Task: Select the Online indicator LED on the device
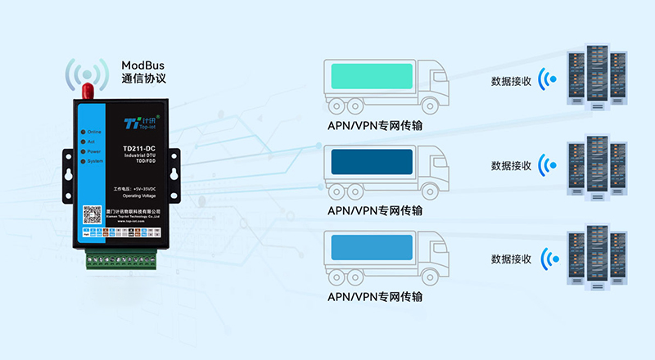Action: (x=83, y=132)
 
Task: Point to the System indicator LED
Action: (x=83, y=161)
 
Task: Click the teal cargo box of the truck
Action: (x=370, y=78)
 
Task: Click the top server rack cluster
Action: (x=599, y=75)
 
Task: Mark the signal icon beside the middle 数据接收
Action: (x=547, y=165)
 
